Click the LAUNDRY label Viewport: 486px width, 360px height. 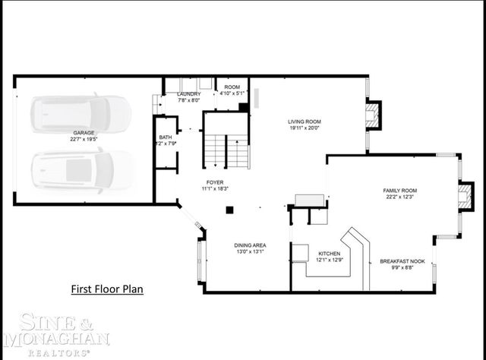[x=189, y=93]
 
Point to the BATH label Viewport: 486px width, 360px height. [x=165, y=137]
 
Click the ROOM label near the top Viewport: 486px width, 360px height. [x=232, y=87]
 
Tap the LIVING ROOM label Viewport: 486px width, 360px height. [x=305, y=122]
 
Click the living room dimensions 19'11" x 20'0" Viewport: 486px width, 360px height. [x=305, y=128]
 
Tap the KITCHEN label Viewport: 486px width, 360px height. [x=329, y=253]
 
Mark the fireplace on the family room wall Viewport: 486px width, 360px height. [x=464, y=196]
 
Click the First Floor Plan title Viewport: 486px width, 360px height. [x=107, y=289]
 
